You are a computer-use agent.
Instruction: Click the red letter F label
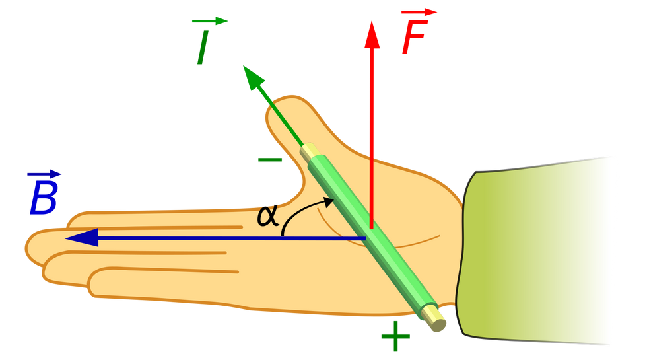[414, 37]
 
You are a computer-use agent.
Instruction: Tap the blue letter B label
[43, 198]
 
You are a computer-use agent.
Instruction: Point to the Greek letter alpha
[268, 217]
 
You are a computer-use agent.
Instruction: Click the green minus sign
[270, 160]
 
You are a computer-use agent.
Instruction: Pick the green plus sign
[395, 336]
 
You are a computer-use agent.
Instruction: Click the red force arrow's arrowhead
[372, 34]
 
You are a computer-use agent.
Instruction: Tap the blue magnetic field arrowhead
[82, 238]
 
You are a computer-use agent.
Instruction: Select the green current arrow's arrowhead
[252, 77]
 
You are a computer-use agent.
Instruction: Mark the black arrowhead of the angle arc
[329, 201]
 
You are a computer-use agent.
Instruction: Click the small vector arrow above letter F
[419, 13]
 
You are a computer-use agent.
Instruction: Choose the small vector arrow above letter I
[210, 20]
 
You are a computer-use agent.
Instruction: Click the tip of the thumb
[285, 102]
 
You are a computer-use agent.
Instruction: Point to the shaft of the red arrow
[371, 138]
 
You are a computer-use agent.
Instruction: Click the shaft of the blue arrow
[232, 238]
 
